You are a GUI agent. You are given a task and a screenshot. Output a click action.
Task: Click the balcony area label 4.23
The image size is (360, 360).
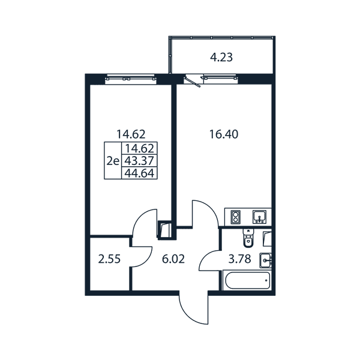221,57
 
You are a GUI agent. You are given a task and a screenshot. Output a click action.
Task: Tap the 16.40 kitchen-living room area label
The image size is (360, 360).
224,134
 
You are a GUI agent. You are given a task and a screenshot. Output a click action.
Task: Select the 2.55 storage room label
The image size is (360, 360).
109,259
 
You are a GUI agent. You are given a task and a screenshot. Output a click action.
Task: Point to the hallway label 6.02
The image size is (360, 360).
173,259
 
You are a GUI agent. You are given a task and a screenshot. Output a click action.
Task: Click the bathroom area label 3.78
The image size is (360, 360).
239,259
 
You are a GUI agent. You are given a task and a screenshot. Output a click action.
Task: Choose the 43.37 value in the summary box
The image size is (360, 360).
139,161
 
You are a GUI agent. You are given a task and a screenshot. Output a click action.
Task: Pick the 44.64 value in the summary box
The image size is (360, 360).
139,173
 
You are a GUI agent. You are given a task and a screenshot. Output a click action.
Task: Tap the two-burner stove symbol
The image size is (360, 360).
236,217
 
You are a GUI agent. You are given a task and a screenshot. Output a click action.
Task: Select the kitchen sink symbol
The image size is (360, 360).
259,217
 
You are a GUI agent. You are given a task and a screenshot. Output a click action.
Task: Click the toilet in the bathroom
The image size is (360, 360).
248,238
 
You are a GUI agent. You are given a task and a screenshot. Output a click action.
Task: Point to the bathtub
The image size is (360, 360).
247,281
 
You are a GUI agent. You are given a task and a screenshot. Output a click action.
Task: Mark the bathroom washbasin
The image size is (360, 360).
266,260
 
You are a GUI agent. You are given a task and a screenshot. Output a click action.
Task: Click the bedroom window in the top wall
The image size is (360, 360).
131,78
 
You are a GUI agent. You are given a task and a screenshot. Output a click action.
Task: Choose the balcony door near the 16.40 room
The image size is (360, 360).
193,82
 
